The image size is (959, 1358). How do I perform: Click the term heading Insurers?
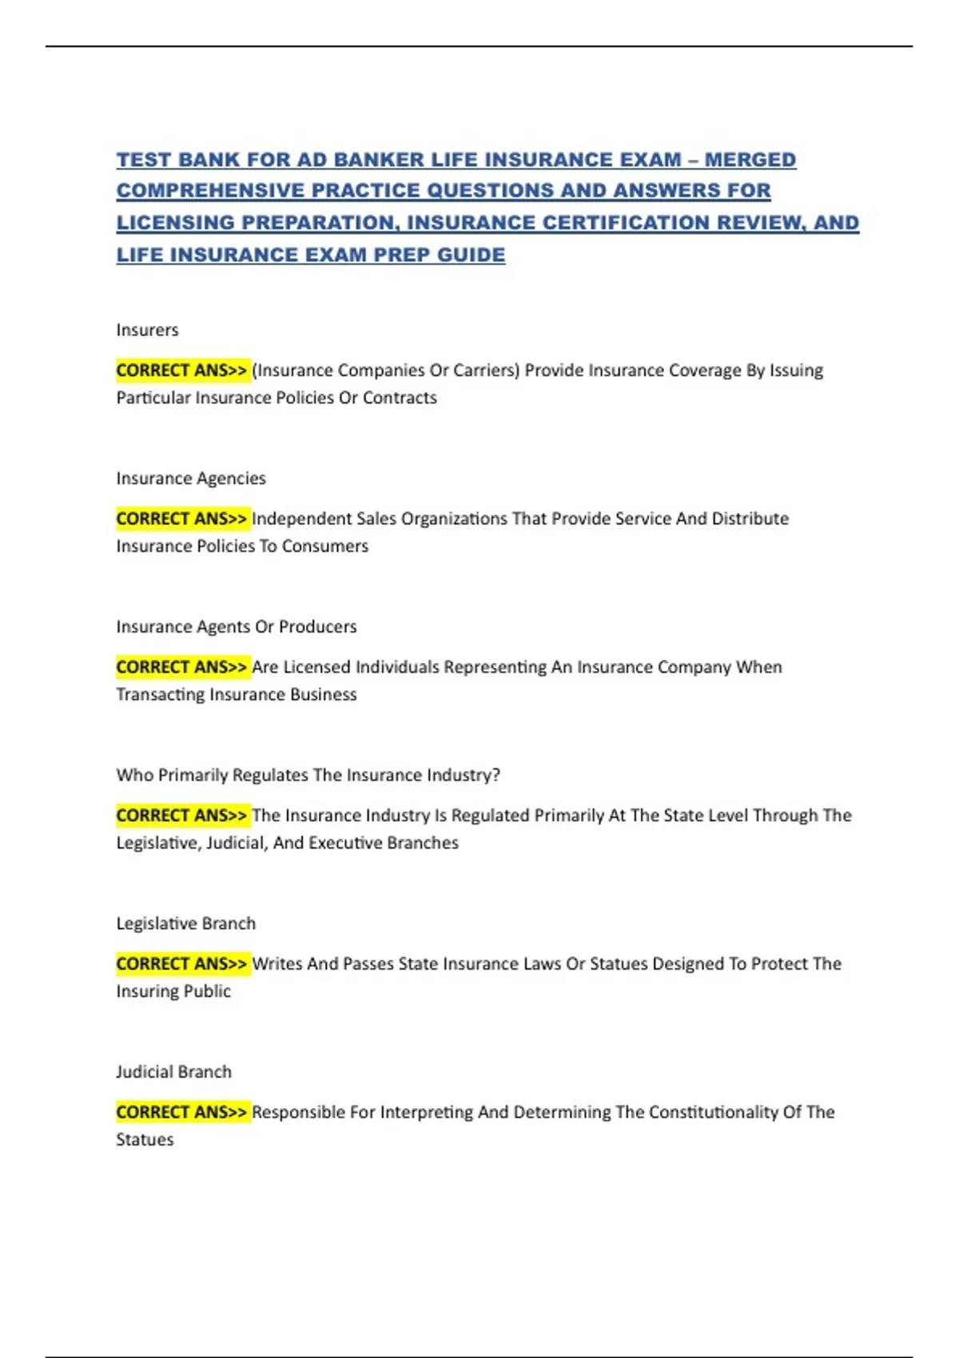[147, 330]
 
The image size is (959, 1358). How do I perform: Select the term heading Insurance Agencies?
[191, 478]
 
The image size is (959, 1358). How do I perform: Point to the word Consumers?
[324, 546]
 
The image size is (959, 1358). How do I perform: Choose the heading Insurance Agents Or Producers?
[237, 627]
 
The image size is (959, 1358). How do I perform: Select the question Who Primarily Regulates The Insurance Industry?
[308, 775]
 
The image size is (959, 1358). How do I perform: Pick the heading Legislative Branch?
[186, 923]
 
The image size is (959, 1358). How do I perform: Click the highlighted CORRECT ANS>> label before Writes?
[182, 964]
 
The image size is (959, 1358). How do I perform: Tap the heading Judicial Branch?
[174, 1072]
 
